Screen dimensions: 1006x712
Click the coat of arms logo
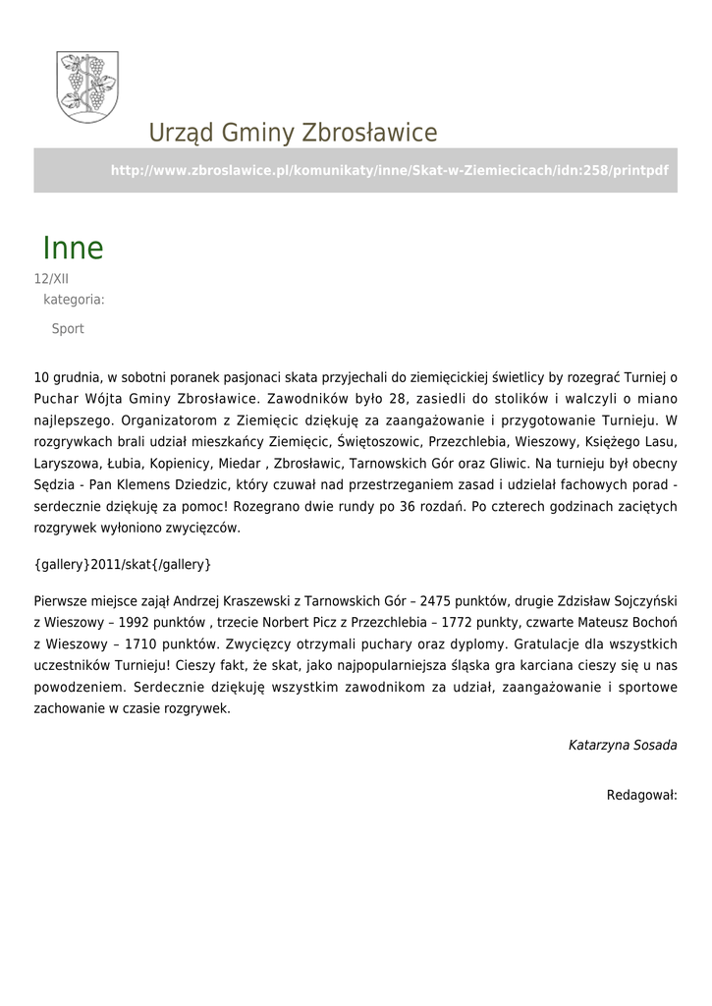coord(87,86)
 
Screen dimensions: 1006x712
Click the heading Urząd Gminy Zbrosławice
coord(293,133)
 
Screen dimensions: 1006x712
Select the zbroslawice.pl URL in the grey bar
coord(389,170)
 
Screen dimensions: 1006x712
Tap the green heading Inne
coord(73,248)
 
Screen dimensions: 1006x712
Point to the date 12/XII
coord(51,279)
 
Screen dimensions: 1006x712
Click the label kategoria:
coord(74,299)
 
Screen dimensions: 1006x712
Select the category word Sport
coord(68,329)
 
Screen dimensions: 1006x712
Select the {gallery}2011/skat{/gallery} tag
coord(123,565)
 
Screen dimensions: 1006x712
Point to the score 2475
coord(435,600)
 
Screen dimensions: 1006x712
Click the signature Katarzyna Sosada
coord(623,745)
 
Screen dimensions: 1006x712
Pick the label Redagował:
coord(641,794)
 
